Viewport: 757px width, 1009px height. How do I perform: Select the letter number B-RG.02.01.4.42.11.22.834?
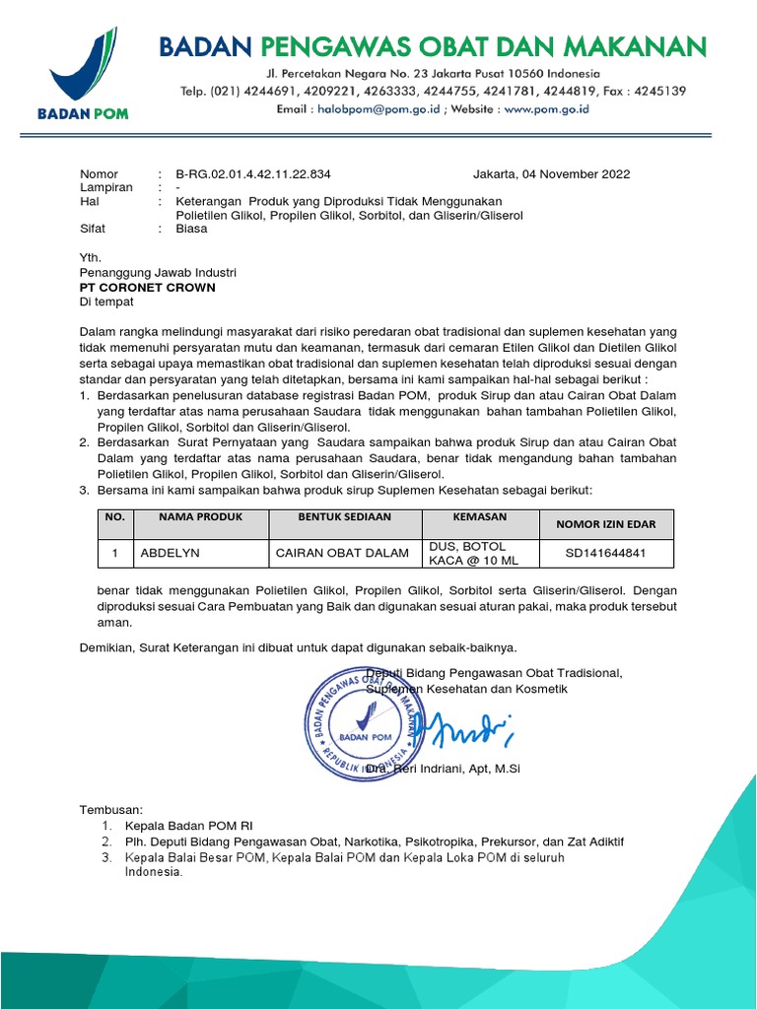(x=253, y=174)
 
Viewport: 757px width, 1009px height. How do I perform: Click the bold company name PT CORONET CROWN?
(x=147, y=288)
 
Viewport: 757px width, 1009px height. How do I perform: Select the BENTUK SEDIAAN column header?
(x=345, y=517)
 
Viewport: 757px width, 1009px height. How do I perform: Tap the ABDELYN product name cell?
(x=170, y=553)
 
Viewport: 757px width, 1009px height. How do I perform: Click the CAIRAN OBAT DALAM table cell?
(x=342, y=553)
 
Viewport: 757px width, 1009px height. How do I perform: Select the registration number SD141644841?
(x=605, y=553)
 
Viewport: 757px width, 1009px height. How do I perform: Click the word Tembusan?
(x=110, y=809)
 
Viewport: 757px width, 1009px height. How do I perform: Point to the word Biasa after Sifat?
(x=191, y=228)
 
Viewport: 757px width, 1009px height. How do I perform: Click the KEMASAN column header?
(x=479, y=517)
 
